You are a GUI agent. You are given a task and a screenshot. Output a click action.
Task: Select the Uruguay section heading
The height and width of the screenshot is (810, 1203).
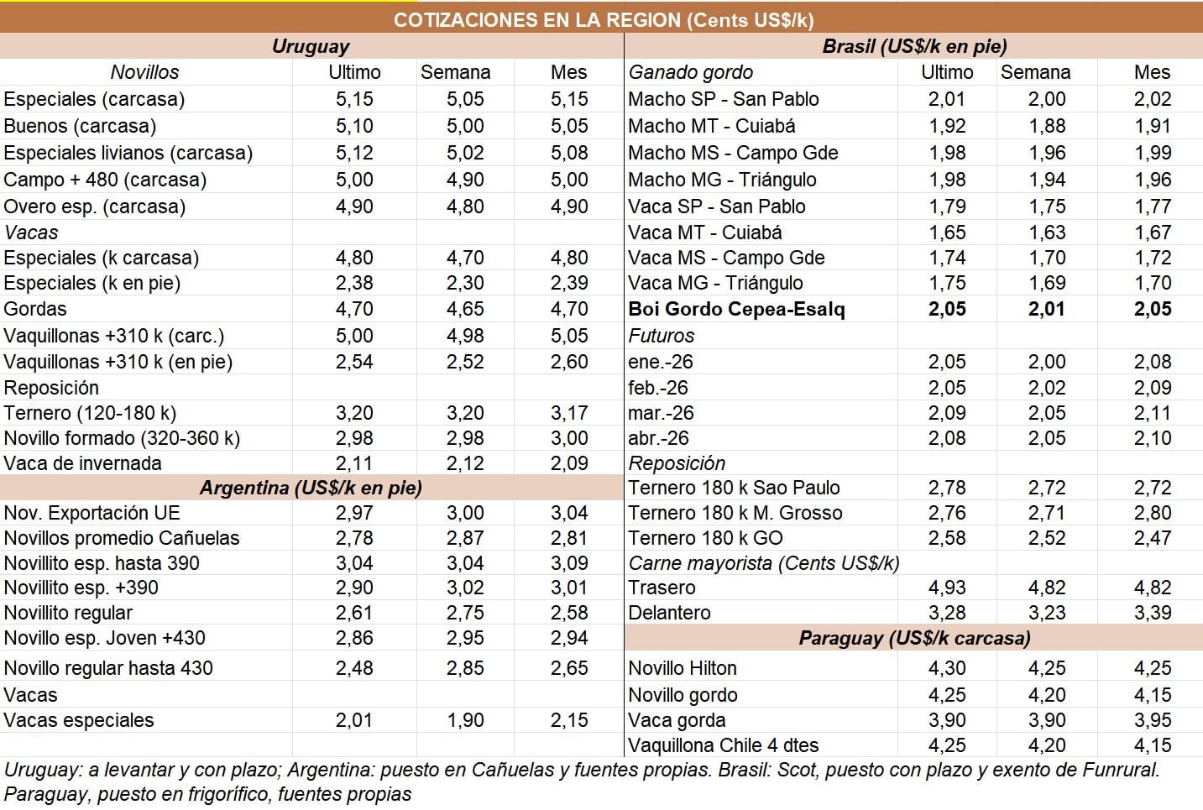311,46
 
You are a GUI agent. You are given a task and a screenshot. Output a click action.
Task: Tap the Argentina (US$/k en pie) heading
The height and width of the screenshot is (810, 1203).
311,488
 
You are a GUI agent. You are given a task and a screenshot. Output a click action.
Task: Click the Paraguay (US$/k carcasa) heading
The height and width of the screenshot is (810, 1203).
914,638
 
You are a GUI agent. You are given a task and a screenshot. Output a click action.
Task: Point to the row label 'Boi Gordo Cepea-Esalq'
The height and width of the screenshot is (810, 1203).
736,309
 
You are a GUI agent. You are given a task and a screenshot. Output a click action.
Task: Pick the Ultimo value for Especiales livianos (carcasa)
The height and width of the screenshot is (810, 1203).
354,153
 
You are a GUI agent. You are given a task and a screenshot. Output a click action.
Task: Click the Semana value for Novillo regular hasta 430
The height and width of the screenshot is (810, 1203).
465,668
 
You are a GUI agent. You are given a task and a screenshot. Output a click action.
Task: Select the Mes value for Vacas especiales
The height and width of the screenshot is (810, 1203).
569,720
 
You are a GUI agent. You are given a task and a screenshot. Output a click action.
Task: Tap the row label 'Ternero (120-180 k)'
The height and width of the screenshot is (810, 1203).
91,413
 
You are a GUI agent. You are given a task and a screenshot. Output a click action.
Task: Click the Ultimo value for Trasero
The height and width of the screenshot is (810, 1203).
947,588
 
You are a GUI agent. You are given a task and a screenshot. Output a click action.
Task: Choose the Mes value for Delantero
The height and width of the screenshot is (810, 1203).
1152,613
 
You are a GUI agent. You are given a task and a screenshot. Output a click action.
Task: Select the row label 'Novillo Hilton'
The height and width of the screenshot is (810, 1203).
683,668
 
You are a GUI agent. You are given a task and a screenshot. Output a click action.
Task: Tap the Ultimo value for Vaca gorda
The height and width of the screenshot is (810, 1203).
947,720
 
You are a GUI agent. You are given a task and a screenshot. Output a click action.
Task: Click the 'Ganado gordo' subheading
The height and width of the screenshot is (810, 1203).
690,72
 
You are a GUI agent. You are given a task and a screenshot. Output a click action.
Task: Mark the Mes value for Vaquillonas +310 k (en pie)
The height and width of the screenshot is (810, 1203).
569,362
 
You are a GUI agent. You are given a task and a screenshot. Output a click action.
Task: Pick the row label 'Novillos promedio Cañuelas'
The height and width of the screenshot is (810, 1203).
122,538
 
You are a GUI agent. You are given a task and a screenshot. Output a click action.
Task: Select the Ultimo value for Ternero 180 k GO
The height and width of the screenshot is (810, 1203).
947,538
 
